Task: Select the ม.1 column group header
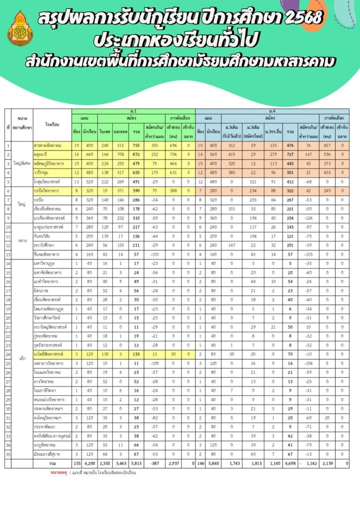133,110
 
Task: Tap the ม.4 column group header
272,110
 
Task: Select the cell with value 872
135,154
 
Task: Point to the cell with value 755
135,145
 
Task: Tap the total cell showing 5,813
135,463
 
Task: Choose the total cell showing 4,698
289,463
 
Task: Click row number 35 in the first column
8,453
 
